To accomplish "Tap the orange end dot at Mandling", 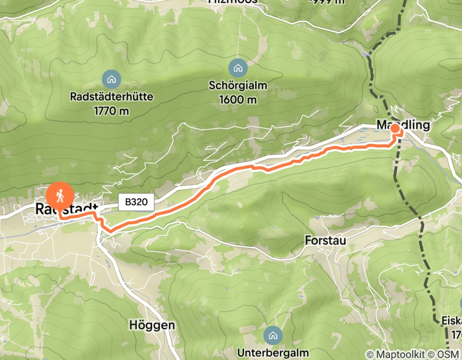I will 395,128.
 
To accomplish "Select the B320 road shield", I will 136,202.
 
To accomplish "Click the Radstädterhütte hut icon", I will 111,79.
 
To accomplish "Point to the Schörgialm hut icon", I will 238,67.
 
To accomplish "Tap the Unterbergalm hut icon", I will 273,336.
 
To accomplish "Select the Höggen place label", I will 151,326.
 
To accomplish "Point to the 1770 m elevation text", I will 111,110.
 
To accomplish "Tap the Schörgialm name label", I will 238,85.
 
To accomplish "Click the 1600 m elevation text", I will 238,99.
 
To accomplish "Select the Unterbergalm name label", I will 273,353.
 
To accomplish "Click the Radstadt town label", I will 66,208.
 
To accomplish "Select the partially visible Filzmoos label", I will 232,2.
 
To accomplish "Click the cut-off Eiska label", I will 451,321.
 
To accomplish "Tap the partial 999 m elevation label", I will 326,2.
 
